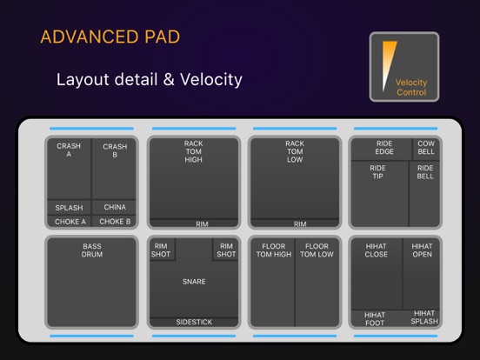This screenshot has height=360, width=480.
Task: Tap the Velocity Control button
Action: coord(404,68)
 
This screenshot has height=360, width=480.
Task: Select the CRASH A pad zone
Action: coord(69,170)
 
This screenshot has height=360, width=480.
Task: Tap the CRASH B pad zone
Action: coord(115,170)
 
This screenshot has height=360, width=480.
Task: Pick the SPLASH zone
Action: coord(69,208)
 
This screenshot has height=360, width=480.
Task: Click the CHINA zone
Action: coord(115,208)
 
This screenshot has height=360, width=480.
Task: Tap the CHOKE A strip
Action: coord(69,221)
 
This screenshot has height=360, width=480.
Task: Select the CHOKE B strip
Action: coord(115,221)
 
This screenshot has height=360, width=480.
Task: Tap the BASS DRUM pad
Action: coord(92,283)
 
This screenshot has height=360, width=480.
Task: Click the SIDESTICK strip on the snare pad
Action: coord(193,322)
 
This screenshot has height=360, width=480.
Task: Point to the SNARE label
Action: coord(194,282)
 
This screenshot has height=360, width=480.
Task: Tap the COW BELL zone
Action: coord(426,149)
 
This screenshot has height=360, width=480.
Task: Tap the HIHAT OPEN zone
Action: coord(422,274)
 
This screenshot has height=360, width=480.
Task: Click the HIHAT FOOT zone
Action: coord(376,318)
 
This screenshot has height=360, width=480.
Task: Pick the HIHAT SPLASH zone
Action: coord(423,317)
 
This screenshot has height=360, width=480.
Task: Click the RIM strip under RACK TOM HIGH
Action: coord(202,224)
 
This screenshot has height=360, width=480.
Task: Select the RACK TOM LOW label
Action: coord(295,151)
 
